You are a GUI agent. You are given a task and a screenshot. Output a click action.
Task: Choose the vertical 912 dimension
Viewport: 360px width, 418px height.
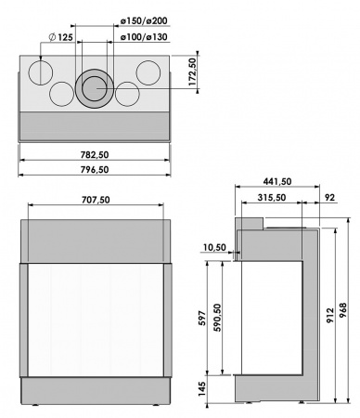330,315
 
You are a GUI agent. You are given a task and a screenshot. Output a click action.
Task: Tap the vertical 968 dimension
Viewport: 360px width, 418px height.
344,315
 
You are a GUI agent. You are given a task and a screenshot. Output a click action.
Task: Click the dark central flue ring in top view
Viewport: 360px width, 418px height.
93,88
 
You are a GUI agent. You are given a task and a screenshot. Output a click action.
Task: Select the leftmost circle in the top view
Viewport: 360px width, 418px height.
40,72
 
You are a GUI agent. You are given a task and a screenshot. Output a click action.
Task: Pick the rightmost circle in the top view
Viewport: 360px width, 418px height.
147,72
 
